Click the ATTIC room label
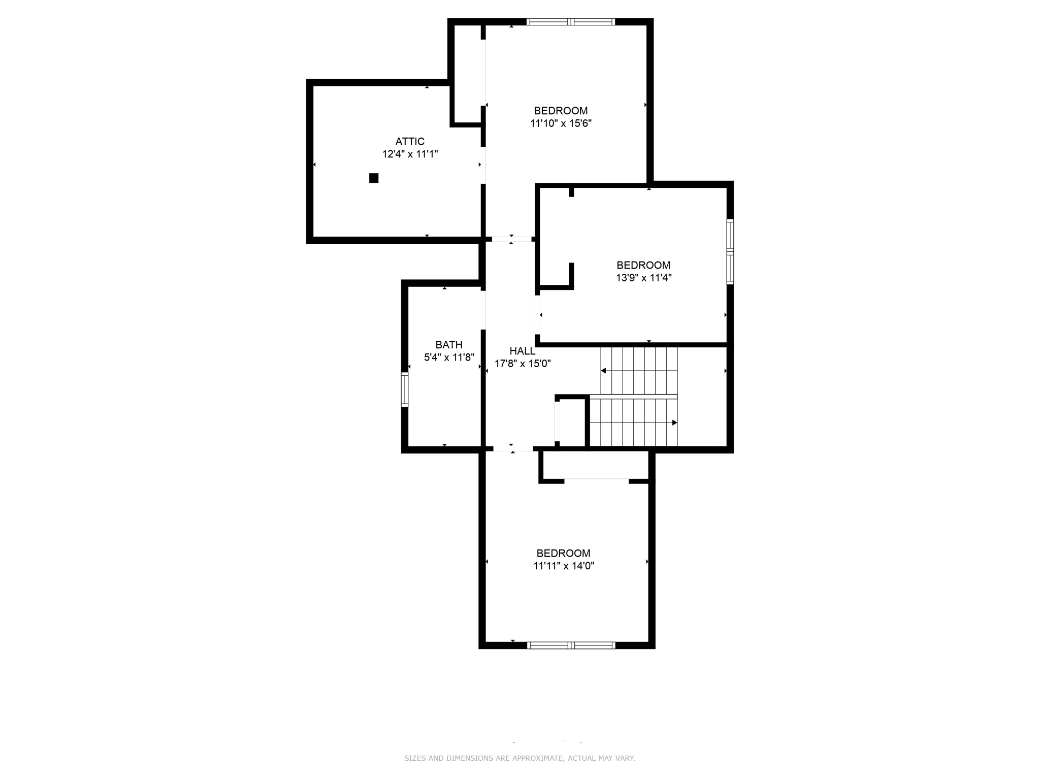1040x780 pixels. (x=410, y=142)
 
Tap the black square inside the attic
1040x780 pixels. (x=374, y=178)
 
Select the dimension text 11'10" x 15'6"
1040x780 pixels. (x=561, y=123)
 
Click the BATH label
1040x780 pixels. (x=449, y=345)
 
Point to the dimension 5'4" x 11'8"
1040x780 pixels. (x=449, y=357)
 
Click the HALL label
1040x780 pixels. (x=522, y=351)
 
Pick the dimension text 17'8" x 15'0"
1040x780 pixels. (x=523, y=364)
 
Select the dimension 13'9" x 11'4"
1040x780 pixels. (x=643, y=278)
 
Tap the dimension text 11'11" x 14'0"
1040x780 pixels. (x=563, y=566)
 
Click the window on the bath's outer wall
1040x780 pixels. (x=405, y=389)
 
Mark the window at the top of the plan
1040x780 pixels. (x=571, y=22)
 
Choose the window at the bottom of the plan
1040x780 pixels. (x=571, y=645)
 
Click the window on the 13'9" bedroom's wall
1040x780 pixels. (x=730, y=251)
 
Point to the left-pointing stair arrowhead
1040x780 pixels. (x=604, y=371)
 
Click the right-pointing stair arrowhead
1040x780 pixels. (x=674, y=422)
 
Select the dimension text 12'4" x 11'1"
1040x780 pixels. (x=410, y=154)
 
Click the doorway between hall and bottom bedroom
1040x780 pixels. (x=513, y=448)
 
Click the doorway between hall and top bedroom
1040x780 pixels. (x=511, y=239)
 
